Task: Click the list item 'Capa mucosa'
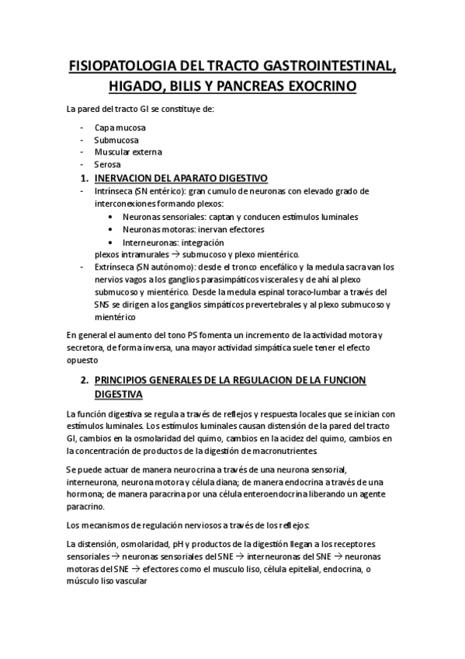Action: tap(120, 127)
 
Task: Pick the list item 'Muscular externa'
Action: tap(128, 152)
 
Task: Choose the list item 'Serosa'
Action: tap(108, 165)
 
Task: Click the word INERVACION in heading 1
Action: tap(130, 178)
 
